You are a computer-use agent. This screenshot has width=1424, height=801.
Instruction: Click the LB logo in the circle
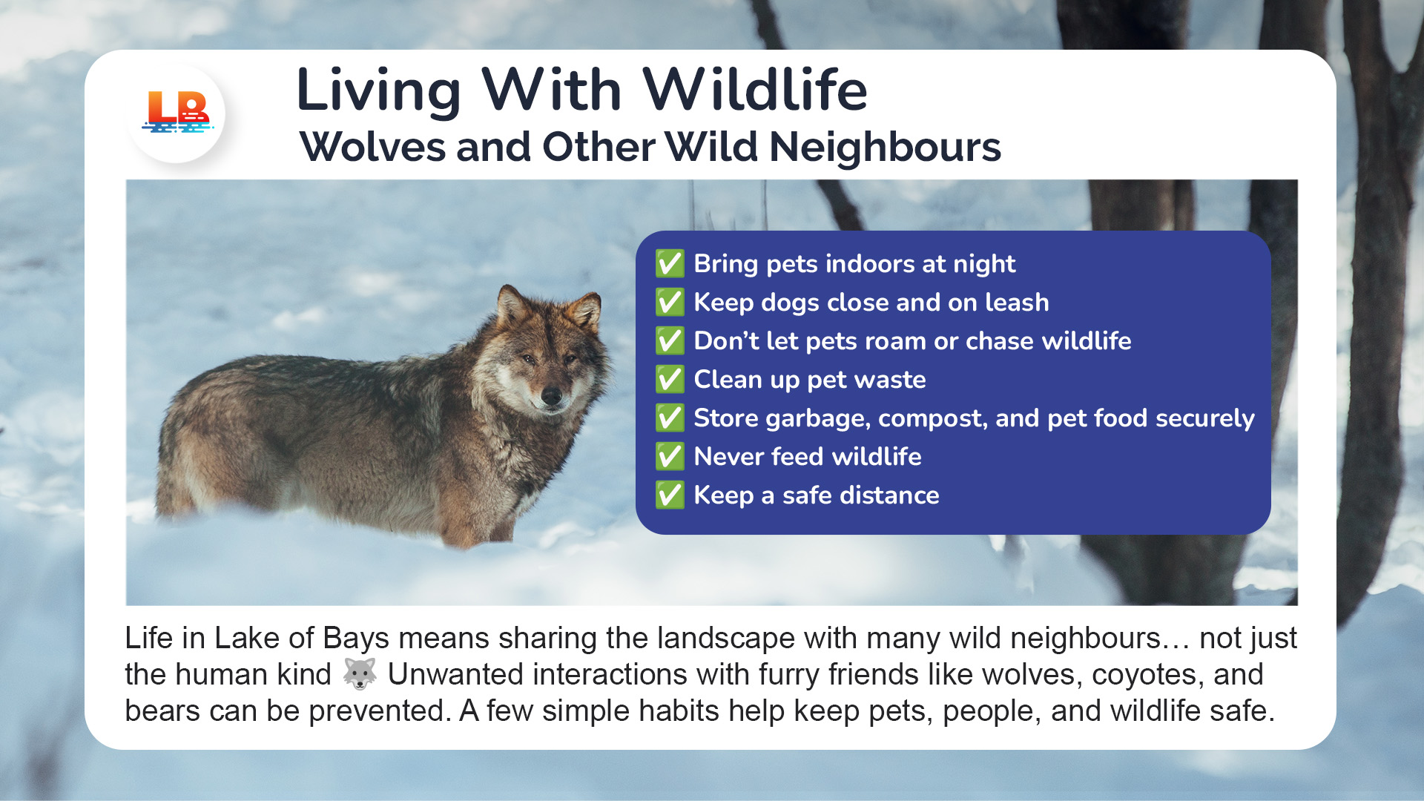(177, 113)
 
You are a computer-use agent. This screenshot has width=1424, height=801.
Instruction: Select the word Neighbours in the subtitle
(886, 147)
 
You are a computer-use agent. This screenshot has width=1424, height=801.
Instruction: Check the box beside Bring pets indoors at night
(670, 263)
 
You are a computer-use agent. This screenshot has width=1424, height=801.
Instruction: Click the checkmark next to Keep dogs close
(670, 302)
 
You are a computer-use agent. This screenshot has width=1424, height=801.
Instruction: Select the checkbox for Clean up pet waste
(670, 379)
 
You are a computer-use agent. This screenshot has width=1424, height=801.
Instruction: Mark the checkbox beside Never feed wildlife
(670, 456)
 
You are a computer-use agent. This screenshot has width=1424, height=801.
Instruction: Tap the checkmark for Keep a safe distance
(670, 495)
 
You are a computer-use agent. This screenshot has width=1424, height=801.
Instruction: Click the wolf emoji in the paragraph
(360, 673)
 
